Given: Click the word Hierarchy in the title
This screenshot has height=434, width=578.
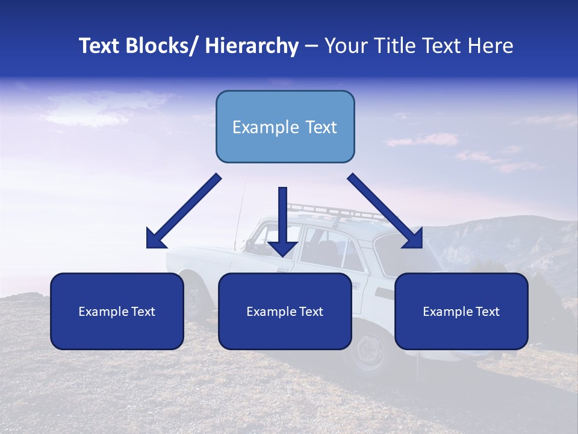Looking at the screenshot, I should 252,46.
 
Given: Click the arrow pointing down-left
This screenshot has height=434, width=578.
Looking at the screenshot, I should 184,212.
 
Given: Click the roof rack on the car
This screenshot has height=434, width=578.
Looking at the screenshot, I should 337,211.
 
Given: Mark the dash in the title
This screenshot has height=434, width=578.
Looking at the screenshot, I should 311,46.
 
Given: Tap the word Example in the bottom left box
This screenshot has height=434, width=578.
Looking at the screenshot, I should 103,312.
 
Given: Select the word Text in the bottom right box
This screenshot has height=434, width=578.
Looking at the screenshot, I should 486,312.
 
